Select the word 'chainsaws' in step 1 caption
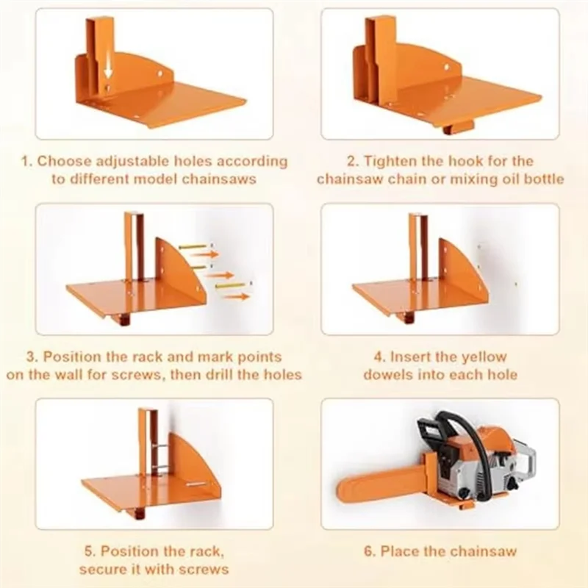pyautogui.click(x=219, y=179)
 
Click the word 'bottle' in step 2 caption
pyautogui.click(x=542, y=179)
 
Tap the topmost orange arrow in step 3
pyautogui.click(x=207, y=254)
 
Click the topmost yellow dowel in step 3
pyautogui.click(x=193, y=246)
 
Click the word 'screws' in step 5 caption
pyautogui.click(x=204, y=569)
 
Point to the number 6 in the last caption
pyautogui.click(x=369, y=552)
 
